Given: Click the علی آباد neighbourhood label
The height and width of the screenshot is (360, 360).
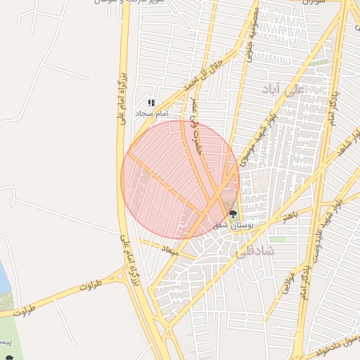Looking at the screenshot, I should point(281,89).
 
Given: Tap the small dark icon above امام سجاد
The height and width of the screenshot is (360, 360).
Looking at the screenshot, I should point(151,103).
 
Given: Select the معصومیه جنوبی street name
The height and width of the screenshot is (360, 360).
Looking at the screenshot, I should point(249,34).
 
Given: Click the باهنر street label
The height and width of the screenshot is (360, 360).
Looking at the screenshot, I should point(291,216).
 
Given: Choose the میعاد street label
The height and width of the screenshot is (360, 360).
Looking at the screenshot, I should point(171,250).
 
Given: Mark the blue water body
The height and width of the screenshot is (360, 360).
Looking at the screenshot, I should point(4,278).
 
